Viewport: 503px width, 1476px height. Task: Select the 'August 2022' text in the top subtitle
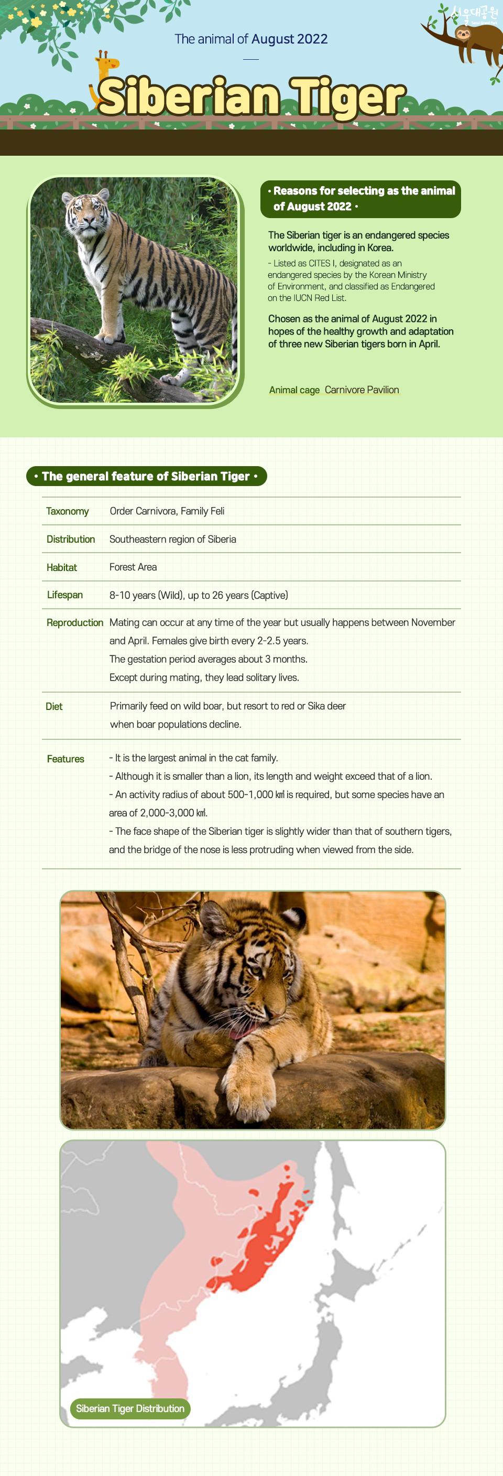[x=289, y=39]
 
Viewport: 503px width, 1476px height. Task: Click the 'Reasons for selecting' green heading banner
[x=360, y=199]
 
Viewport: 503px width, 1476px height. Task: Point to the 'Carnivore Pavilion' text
[x=362, y=390]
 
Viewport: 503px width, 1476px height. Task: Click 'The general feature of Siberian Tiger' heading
[x=146, y=476]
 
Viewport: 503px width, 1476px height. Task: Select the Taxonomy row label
[x=68, y=511]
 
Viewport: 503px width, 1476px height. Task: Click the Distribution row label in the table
[x=70, y=539]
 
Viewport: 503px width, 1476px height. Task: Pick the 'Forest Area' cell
[x=133, y=567]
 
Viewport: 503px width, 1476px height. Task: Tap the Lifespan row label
[x=65, y=595]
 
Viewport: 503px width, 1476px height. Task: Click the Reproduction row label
[x=74, y=622]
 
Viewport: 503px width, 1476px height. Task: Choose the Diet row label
[x=54, y=706]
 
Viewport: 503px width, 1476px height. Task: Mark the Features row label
[x=65, y=759]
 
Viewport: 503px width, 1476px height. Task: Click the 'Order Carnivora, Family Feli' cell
[x=167, y=511]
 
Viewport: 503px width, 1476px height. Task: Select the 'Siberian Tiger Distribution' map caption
[x=130, y=1408]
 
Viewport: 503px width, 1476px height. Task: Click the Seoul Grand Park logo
[x=475, y=13]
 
